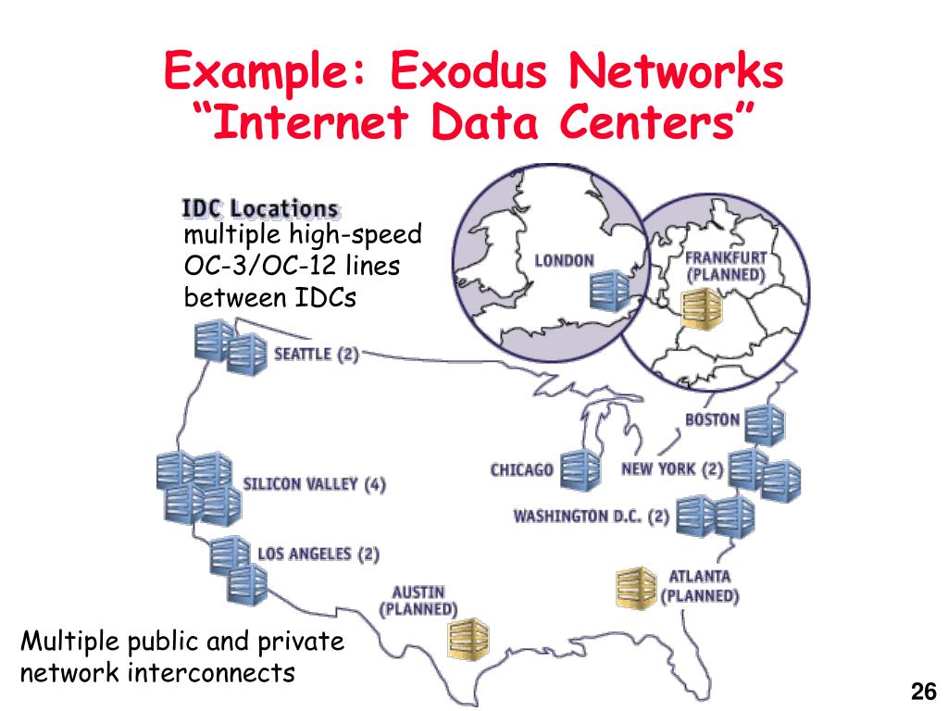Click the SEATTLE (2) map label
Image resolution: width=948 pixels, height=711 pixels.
click(316, 355)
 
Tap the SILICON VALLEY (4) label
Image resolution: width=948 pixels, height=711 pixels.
click(314, 484)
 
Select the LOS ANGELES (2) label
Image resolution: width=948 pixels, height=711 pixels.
click(318, 554)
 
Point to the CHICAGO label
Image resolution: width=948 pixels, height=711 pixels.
click(521, 469)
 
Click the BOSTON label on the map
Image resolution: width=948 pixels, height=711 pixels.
click(712, 419)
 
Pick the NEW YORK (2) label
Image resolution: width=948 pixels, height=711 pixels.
click(672, 468)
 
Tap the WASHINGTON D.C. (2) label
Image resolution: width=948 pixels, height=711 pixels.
click(591, 516)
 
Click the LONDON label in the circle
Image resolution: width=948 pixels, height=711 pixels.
click(564, 260)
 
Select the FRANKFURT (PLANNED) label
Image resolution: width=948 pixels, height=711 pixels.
click(726, 266)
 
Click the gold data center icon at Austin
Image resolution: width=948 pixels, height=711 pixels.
click(468, 637)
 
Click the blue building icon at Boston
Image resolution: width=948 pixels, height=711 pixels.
click(765, 426)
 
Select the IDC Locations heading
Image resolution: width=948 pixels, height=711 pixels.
click(259, 208)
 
